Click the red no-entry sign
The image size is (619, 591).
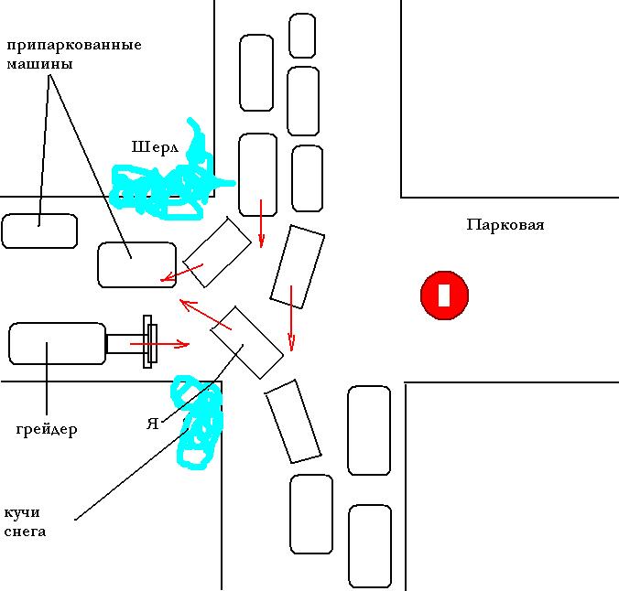pos(444,295)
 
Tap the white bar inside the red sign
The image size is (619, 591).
pos(444,295)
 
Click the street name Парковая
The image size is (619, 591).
pos(505,224)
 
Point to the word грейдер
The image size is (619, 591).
pos(47,429)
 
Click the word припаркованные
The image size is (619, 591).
pos(74,45)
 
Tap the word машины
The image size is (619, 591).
pos(40,65)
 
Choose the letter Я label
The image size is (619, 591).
pos(153,424)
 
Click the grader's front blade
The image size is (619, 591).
pos(148,341)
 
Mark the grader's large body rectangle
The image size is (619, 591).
pos(57,343)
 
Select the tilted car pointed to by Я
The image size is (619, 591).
pos(247,341)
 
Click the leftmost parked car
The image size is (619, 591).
pos(39,231)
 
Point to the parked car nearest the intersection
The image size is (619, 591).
pos(136,264)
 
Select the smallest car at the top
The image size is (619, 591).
pos(302,35)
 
